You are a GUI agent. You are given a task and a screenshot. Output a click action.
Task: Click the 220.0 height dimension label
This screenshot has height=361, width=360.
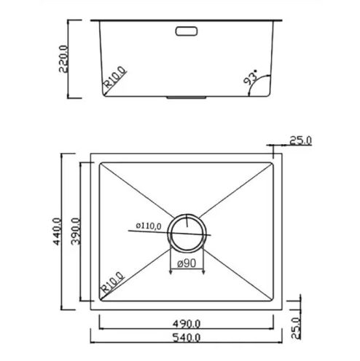click(x=63, y=59)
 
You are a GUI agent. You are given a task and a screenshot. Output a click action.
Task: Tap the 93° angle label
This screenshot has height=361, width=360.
click(x=251, y=77)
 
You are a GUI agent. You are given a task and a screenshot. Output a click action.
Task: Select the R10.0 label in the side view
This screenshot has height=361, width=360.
click(x=115, y=76)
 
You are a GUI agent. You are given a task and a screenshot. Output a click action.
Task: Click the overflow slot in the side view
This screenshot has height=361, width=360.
click(x=187, y=31)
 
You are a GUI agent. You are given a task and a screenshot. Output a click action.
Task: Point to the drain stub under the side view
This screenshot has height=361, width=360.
click(x=187, y=98)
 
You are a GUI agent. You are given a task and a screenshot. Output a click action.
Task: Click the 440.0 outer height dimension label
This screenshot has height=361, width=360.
click(x=58, y=231)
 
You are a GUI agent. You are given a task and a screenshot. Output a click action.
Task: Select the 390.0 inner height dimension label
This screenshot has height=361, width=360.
click(x=76, y=231)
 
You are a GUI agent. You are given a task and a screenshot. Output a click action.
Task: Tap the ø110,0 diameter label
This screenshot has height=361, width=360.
click(x=149, y=226)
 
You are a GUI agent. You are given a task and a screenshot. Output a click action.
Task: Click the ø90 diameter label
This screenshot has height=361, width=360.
click(x=187, y=263)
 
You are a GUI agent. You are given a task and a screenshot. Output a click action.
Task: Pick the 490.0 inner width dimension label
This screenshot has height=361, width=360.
click(x=187, y=324)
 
